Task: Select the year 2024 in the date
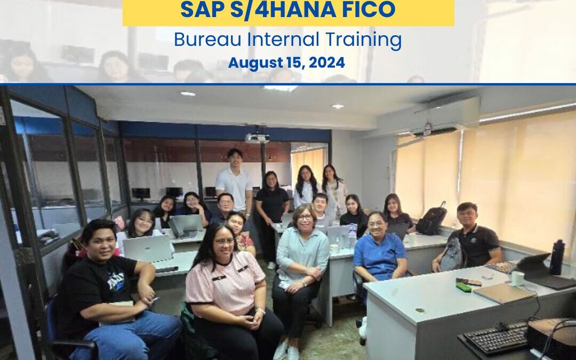326,63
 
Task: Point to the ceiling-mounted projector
257,138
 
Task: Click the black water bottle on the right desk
557,257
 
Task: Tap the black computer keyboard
496,337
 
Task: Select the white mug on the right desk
517,278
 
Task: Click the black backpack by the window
431,220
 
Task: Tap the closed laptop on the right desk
503,293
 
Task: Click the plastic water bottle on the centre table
353,236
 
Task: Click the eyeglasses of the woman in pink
224,242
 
